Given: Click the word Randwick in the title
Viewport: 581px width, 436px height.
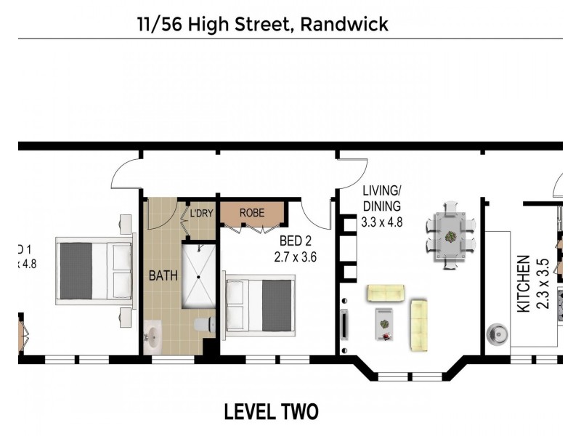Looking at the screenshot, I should (344, 25).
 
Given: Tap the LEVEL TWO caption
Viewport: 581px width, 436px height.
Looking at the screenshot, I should (271, 412).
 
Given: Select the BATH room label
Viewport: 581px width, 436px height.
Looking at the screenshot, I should (162, 276).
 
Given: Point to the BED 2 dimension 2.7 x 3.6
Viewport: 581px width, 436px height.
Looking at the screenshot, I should (295, 257).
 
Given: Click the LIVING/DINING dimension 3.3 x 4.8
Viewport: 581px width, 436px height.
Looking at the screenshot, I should (381, 222).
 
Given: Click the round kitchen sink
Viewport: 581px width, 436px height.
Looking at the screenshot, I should (499, 335).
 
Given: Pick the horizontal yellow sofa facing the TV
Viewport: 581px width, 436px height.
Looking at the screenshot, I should (386, 294).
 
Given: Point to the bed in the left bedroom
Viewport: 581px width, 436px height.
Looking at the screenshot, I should (94, 271).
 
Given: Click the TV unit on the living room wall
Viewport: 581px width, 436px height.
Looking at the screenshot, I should (344, 323).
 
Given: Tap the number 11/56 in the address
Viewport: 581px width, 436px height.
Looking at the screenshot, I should (160, 25).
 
